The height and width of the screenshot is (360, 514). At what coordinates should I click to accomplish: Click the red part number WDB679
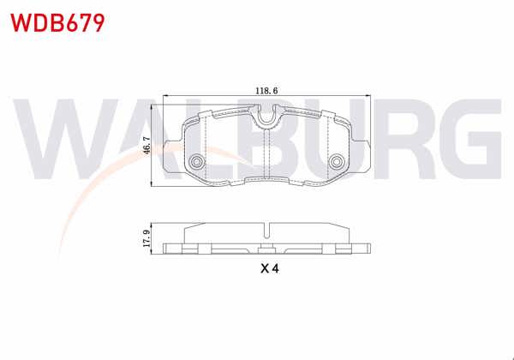pyautogui.click(x=57, y=21)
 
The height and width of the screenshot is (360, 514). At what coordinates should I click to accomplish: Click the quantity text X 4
pyautogui.click(x=270, y=268)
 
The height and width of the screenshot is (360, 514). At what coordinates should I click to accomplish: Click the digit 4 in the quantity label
pyautogui.click(x=277, y=268)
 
